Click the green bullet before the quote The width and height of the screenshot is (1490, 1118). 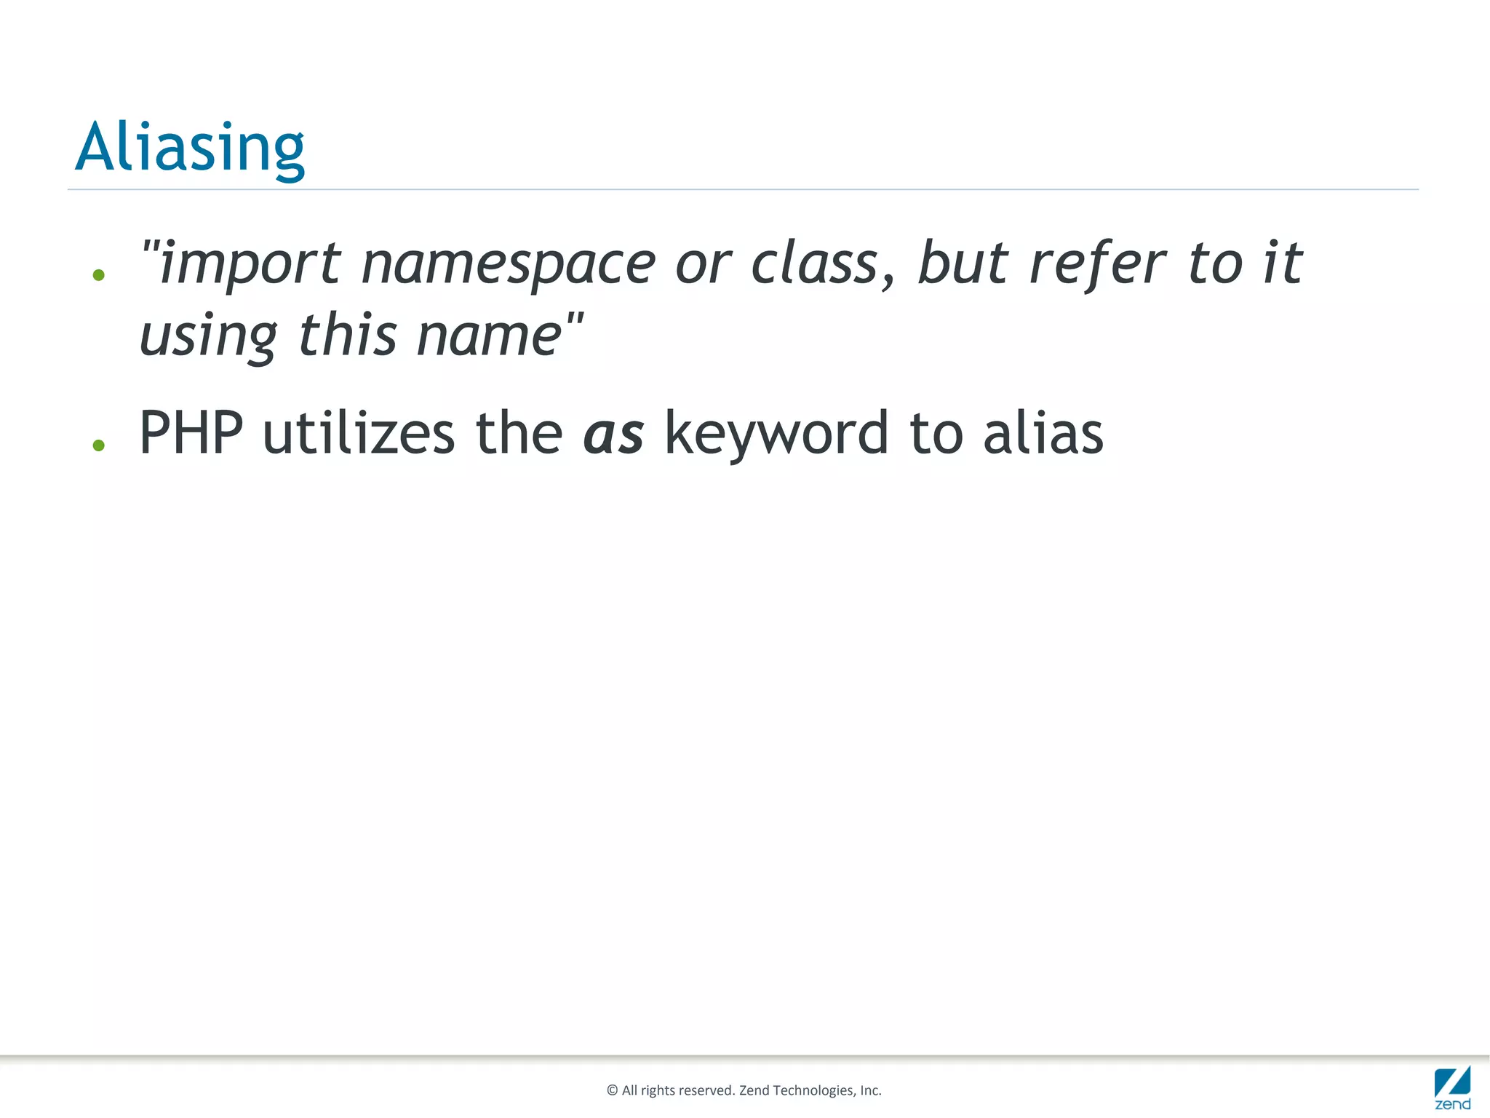(99, 275)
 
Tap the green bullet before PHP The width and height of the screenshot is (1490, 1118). (99, 445)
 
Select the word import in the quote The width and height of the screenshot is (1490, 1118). (250, 263)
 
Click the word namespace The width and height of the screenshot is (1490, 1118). (509, 263)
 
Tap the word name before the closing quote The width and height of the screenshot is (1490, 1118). (489, 336)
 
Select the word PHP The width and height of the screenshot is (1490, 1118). (191, 433)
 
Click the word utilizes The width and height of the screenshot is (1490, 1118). (358, 433)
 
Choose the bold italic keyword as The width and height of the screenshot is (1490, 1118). (613, 435)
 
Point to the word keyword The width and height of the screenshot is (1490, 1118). (776, 435)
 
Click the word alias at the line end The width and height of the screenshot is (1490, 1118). (1043, 435)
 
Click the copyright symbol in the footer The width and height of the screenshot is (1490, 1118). (612, 1090)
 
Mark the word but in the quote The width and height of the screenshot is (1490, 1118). (963, 263)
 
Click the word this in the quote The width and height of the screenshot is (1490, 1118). (348, 336)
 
